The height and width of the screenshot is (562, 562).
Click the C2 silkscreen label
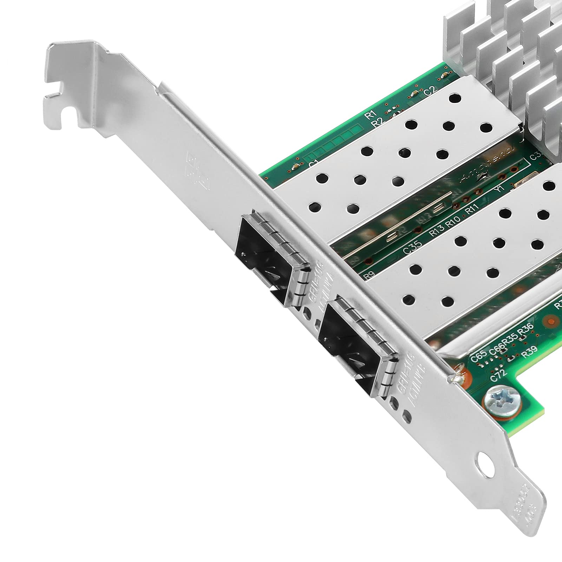430,92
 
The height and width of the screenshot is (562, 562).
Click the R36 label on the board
526,329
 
